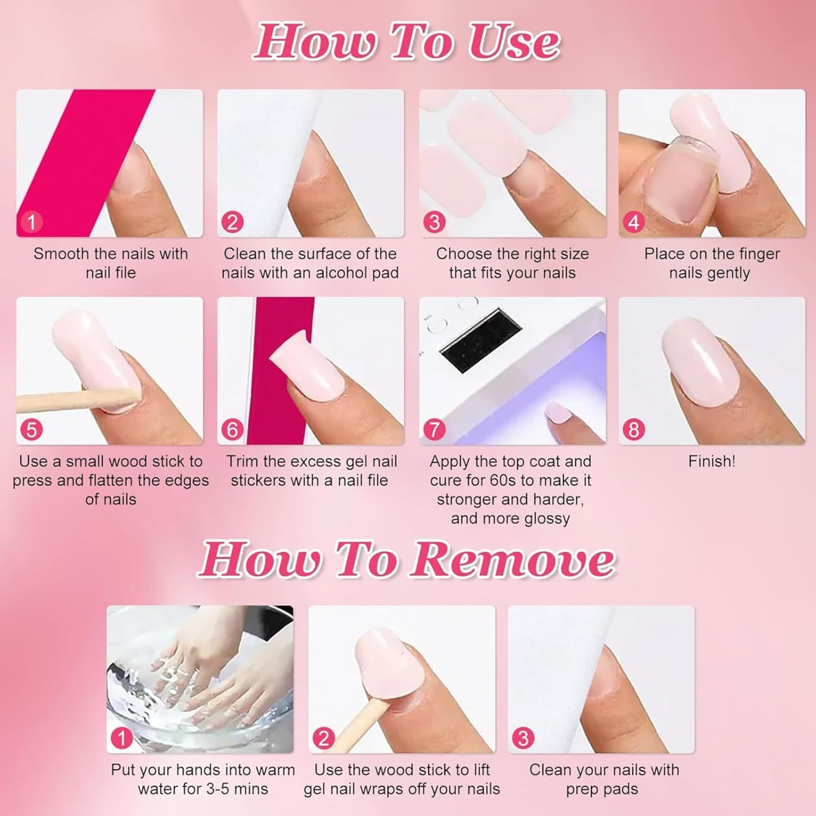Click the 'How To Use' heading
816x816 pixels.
click(407, 42)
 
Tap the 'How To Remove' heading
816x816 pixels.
click(407, 560)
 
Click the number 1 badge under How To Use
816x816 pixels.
click(31, 222)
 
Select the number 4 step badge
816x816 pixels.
click(634, 222)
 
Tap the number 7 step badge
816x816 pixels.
click(434, 430)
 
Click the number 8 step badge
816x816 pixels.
click(634, 430)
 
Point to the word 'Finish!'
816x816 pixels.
click(712, 461)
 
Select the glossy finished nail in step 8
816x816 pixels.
click(699, 364)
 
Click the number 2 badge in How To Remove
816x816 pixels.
click(323, 738)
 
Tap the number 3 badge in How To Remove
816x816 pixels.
click(523, 738)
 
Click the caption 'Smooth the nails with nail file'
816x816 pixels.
click(110, 263)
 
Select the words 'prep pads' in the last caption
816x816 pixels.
click(602, 789)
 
